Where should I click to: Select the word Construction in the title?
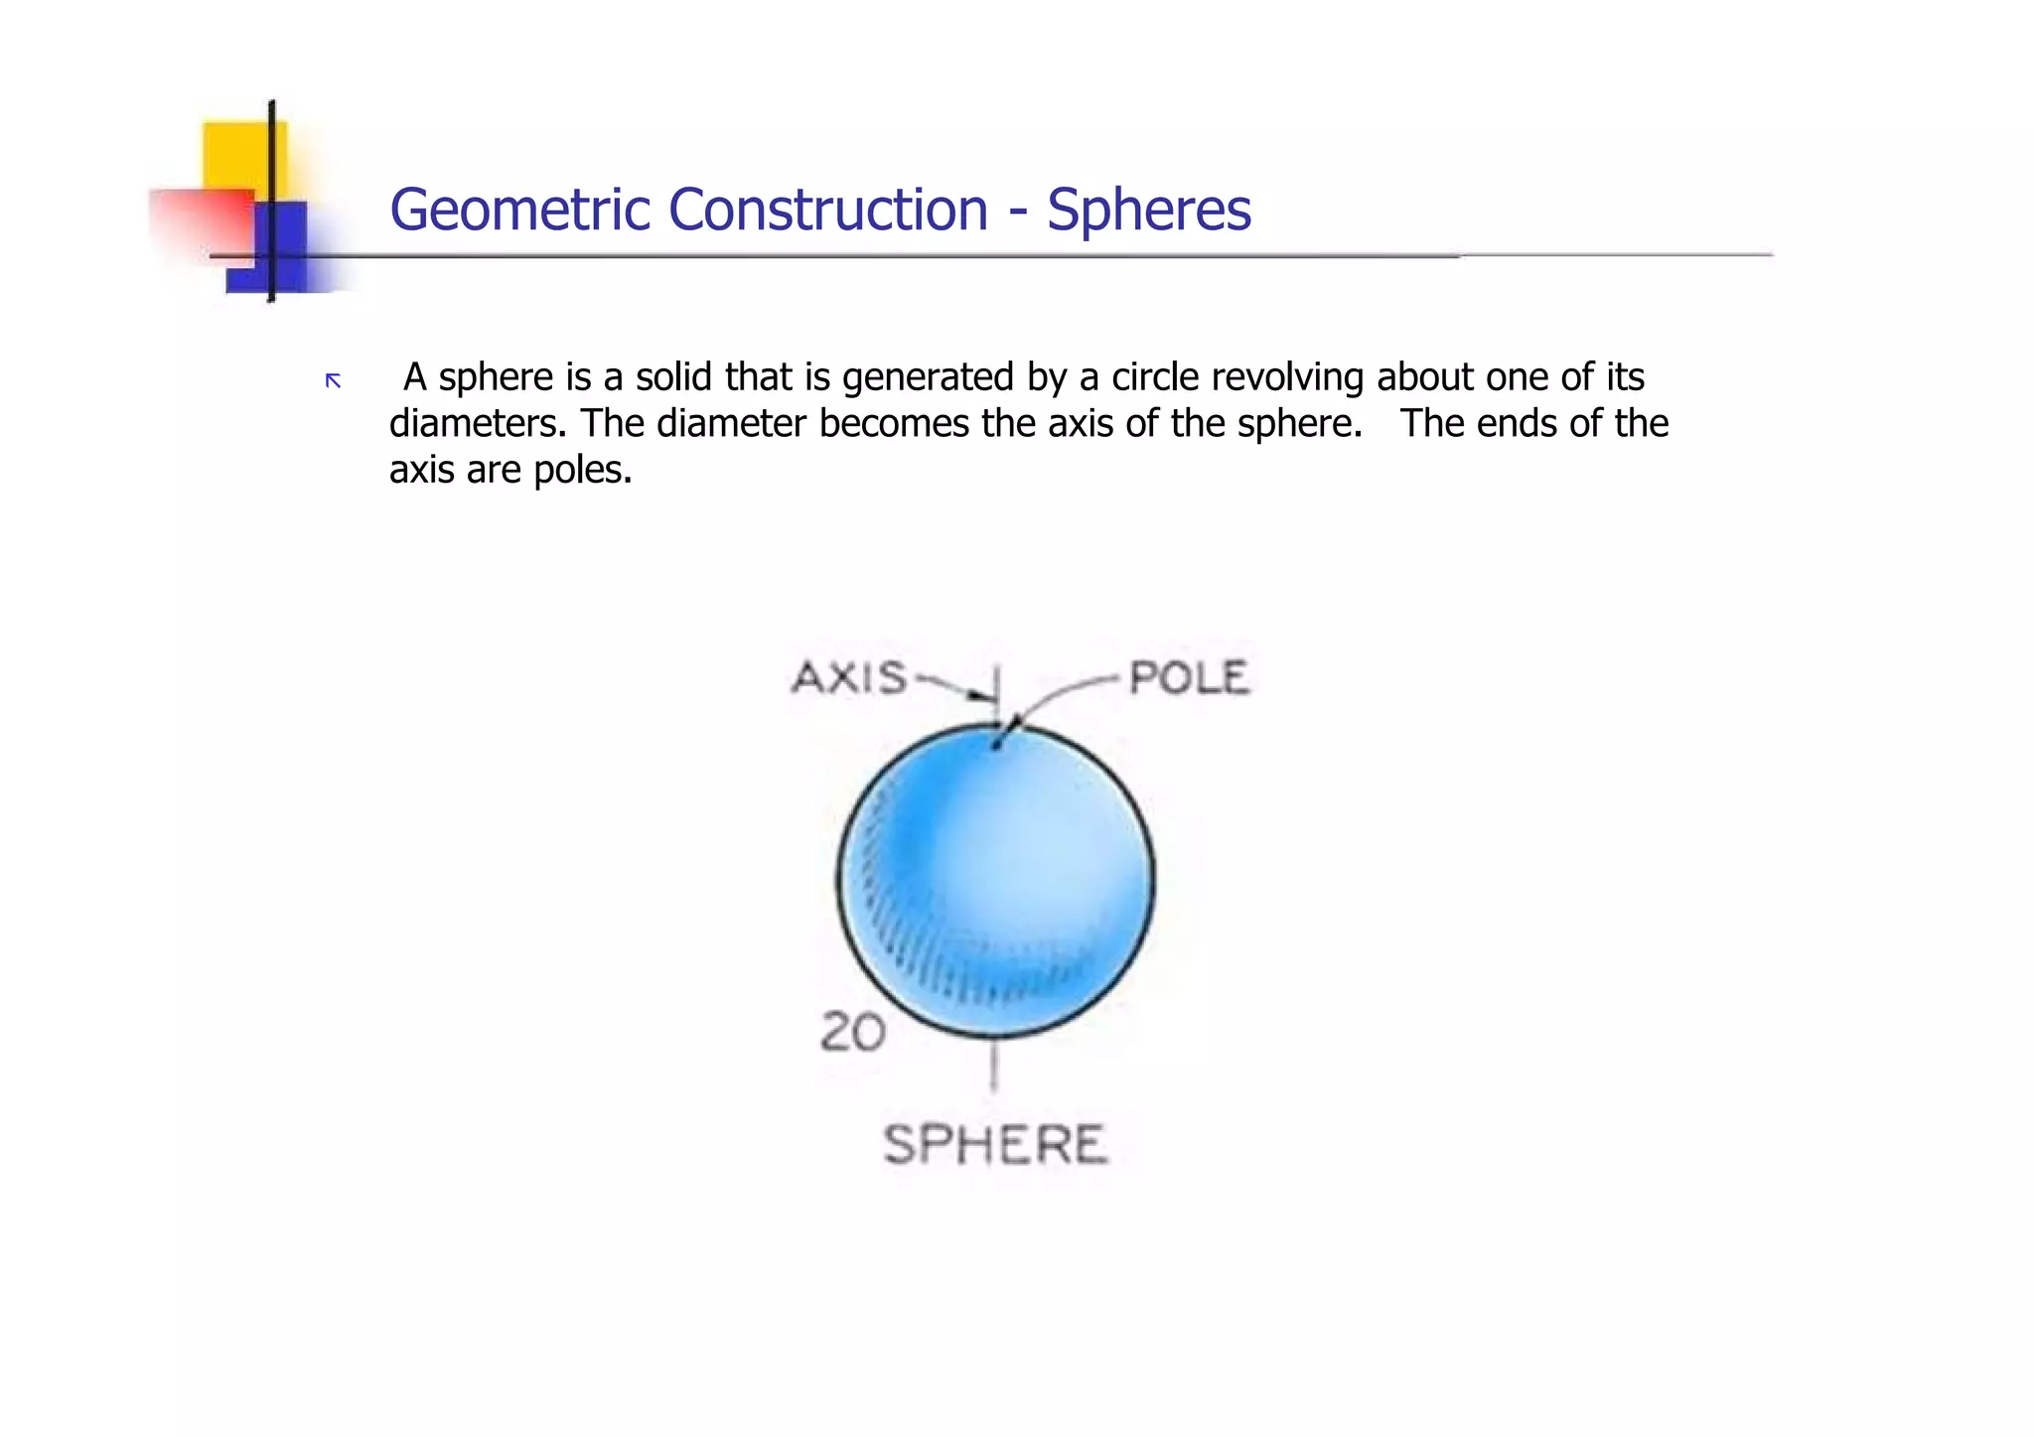click(x=828, y=211)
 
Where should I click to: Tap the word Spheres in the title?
click(x=1149, y=211)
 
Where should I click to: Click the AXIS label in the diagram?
click(x=849, y=678)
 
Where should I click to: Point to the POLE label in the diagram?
click(x=1189, y=678)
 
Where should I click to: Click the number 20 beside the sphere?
click(x=852, y=1033)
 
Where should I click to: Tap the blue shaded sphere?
click(x=996, y=880)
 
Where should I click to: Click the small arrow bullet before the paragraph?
click(x=334, y=380)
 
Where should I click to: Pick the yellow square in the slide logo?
click(x=244, y=154)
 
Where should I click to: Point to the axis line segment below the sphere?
click(x=994, y=1066)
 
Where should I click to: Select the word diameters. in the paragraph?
click(x=478, y=424)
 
